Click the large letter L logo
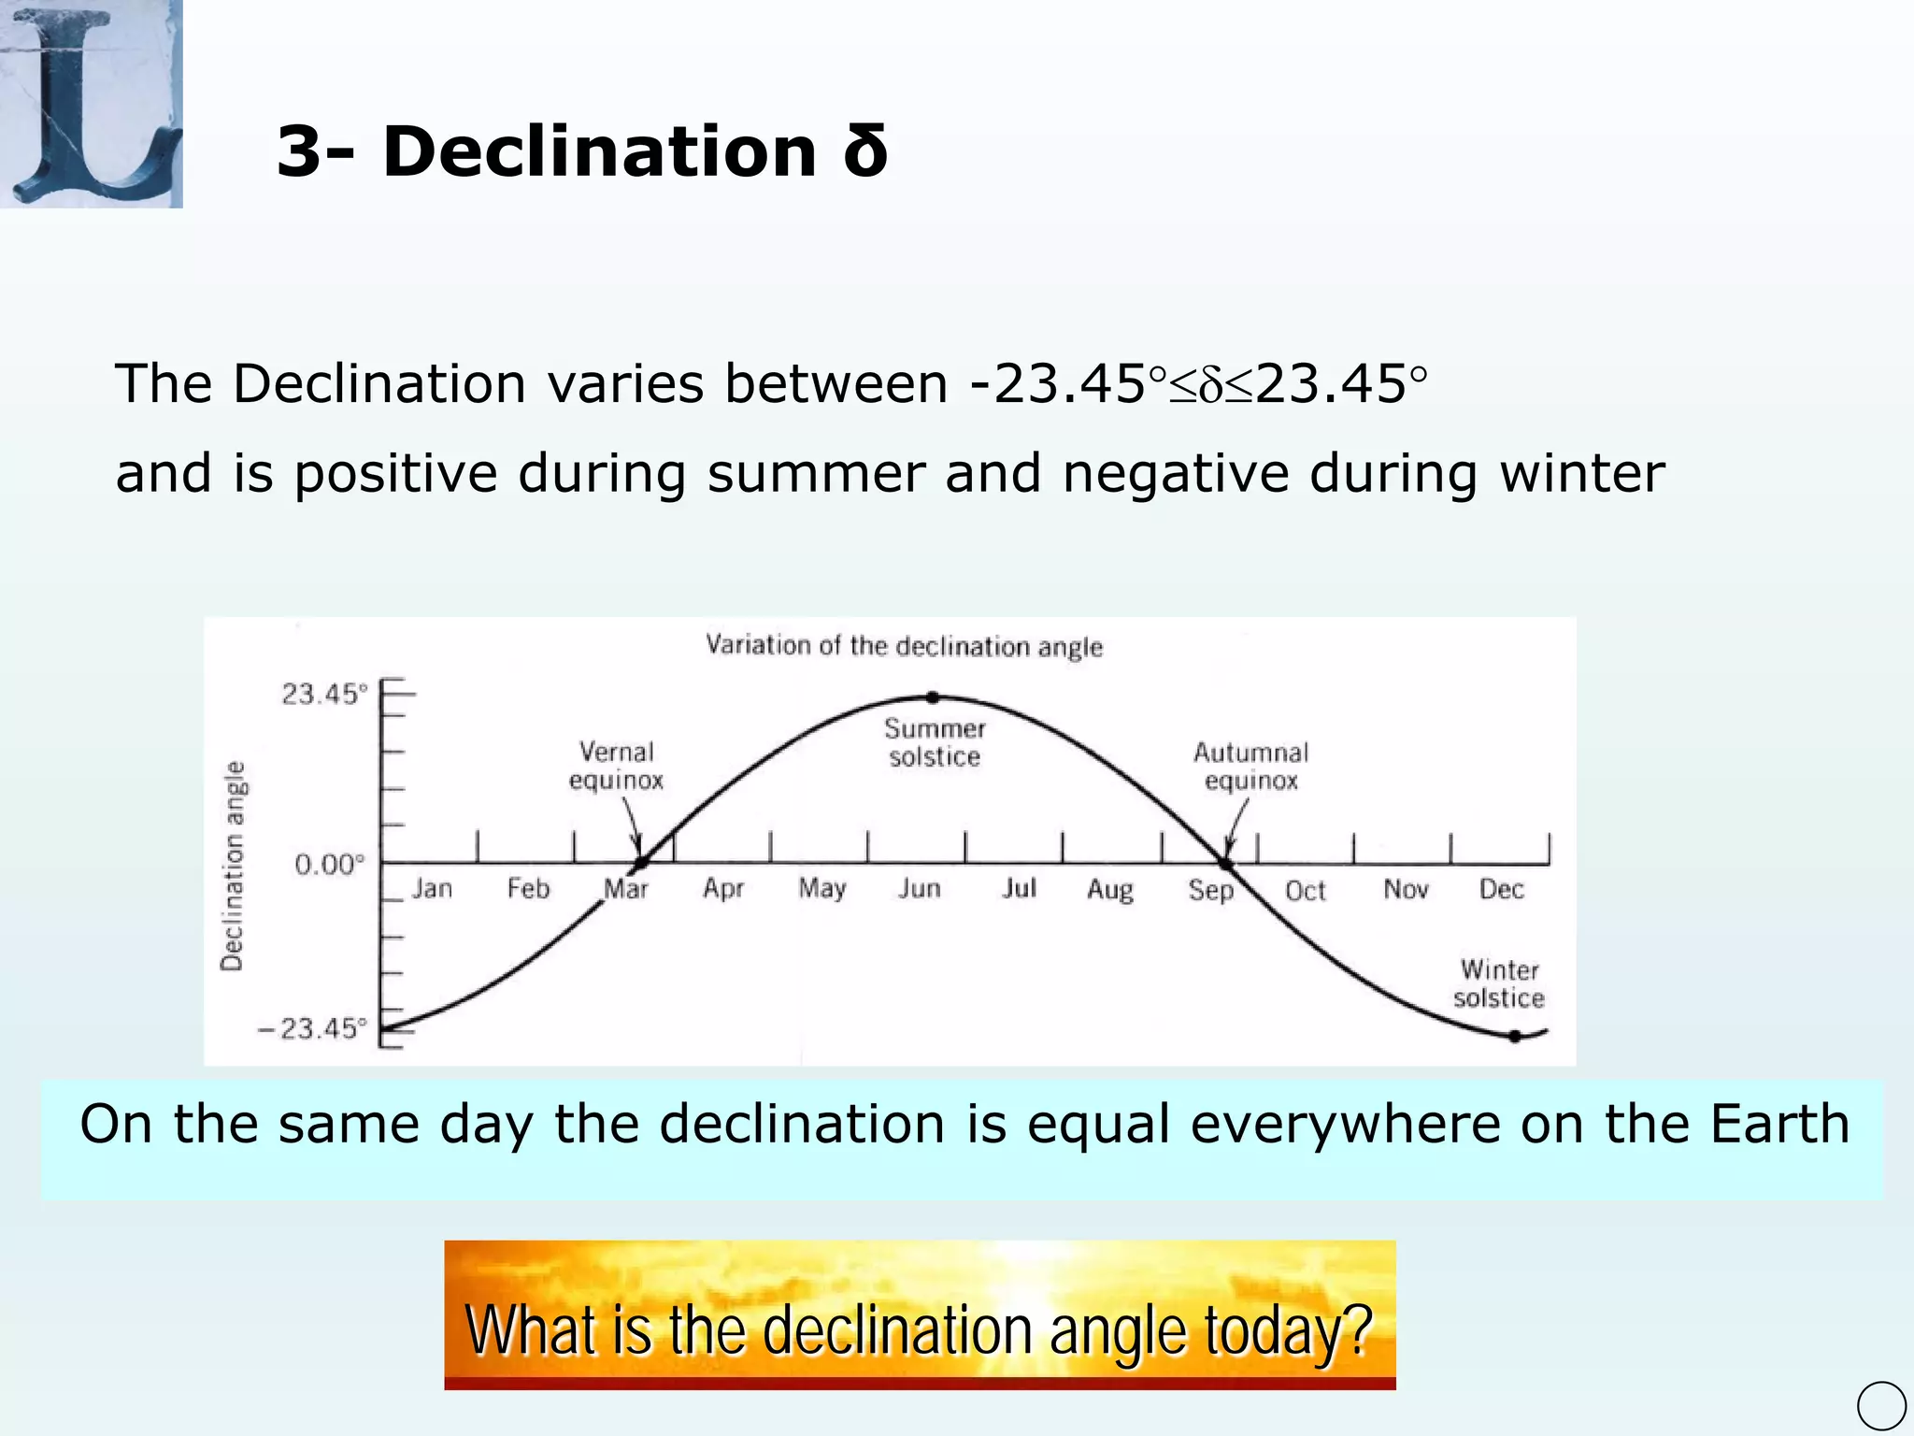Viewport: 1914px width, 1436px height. [x=91, y=103]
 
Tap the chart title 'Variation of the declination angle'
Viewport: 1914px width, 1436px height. [x=904, y=646]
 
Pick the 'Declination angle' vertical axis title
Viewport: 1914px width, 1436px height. [x=233, y=865]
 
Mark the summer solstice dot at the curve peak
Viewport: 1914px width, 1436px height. [x=932, y=697]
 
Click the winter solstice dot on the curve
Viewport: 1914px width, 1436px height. [x=1515, y=1036]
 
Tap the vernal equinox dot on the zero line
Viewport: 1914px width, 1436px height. [x=641, y=862]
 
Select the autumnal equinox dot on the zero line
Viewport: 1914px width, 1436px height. [x=1227, y=863]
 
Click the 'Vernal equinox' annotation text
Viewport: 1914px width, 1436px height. [x=616, y=766]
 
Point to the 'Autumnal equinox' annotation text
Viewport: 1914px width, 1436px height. [x=1250, y=767]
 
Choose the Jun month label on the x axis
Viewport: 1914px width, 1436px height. [x=920, y=888]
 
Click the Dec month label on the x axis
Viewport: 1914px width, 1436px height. [x=1501, y=889]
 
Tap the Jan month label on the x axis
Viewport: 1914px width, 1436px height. [x=432, y=888]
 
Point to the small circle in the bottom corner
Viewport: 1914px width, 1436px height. [x=1881, y=1405]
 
